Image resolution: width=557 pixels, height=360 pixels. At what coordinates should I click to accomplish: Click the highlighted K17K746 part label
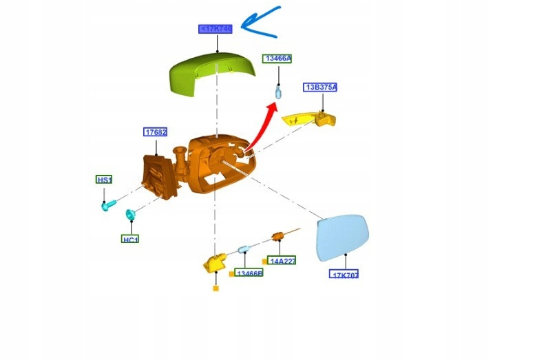[x=216, y=29]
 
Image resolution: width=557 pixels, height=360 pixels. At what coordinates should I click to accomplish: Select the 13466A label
[x=277, y=59]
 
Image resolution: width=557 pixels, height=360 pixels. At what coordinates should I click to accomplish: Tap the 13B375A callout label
[x=321, y=87]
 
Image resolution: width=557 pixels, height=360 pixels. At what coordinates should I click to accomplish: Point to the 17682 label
[x=156, y=132]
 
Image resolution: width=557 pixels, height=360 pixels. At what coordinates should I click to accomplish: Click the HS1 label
[x=104, y=180]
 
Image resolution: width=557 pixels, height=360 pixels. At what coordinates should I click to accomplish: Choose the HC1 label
[x=130, y=239]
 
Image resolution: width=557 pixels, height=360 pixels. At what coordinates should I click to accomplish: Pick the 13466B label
[x=249, y=273]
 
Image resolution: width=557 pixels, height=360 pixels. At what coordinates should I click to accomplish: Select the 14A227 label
[x=282, y=262]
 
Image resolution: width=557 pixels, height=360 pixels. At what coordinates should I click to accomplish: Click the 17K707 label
[x=344, y=274]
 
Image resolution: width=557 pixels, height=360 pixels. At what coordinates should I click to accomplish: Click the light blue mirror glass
[x=343, y=237]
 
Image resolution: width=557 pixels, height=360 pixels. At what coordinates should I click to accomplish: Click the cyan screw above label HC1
[x=129, y=216]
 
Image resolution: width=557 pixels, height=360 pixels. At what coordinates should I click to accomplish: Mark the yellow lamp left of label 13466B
[x=216, y=262]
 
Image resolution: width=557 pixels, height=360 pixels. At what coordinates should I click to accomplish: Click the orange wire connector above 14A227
[x=279, y=237]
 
